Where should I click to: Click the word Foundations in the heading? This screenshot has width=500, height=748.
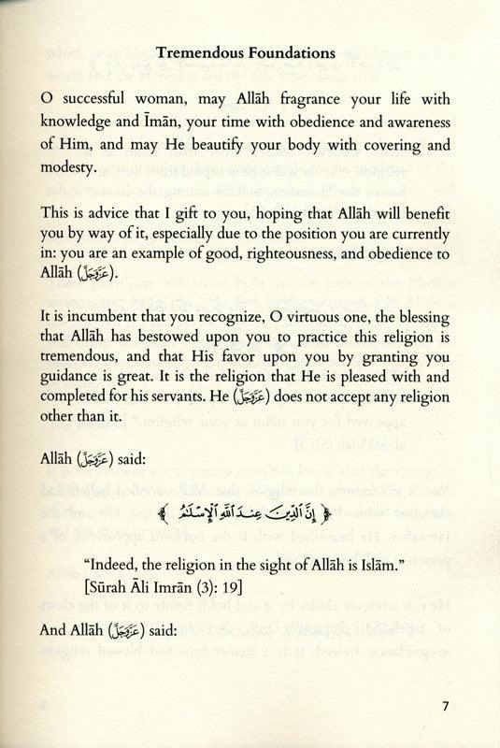pos(290,53)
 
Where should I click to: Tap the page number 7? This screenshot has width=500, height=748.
pos(449,705)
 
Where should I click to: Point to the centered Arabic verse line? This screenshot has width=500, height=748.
pos(250,511)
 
